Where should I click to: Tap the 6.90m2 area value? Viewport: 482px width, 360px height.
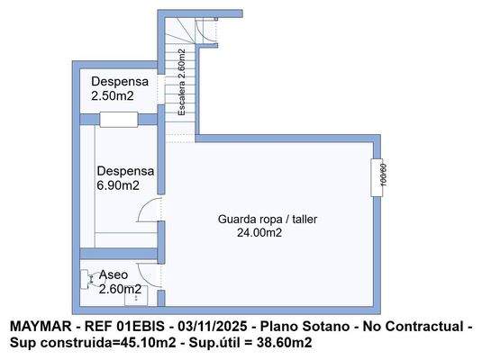tap(118, 185)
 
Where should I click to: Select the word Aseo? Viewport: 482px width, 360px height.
tap(114, 274)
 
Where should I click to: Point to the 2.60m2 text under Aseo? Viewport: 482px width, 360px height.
tap(120, 289)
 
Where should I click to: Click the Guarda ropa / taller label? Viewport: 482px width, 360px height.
tap(268, 219)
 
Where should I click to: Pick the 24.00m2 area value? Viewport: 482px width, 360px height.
tap(259, 232)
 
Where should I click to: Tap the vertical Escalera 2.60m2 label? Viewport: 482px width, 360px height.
tap(181, 83)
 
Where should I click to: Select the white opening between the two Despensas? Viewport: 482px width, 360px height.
tap(118, 119)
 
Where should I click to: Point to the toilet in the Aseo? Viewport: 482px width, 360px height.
tap(86, 279)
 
